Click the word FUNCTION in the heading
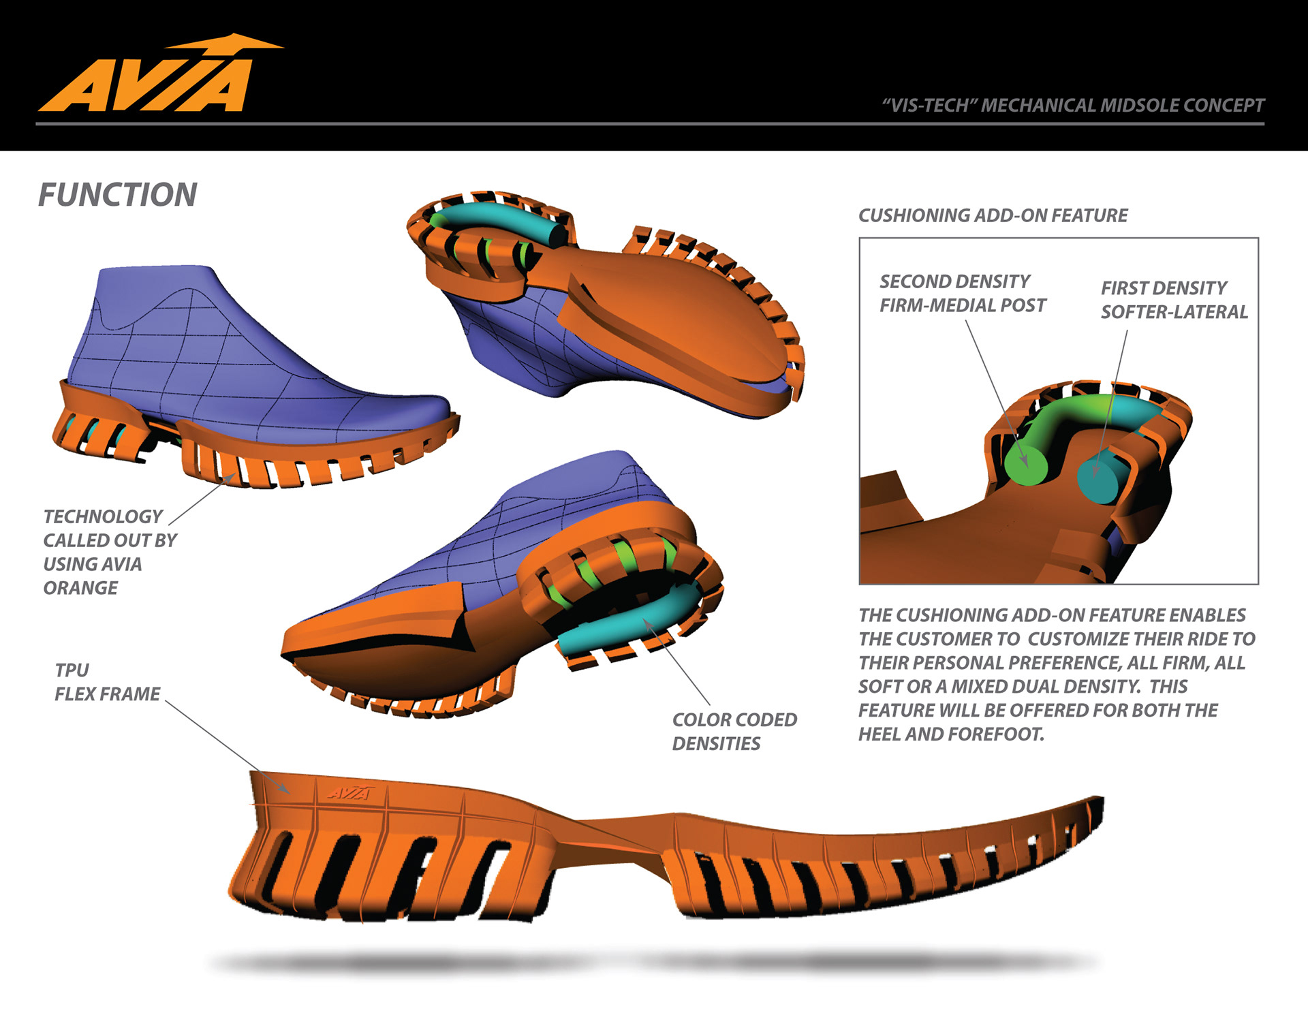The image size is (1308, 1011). click(x=117, y=196)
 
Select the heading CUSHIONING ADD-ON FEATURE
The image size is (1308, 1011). click(x=993, y=216)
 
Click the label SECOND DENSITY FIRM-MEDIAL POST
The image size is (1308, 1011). click(x=962, y=294)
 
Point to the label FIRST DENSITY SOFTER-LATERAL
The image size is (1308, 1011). click(x=1174, y=300)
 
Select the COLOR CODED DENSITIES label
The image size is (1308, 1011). click(x=734, y=732)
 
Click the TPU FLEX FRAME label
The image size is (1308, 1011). click(x=107, y=683)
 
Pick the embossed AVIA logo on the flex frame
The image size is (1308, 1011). click(x=350, y=792)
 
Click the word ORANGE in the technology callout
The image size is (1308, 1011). click(x=80, y=588)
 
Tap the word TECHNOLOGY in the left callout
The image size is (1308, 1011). click(x=103, y=516)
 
